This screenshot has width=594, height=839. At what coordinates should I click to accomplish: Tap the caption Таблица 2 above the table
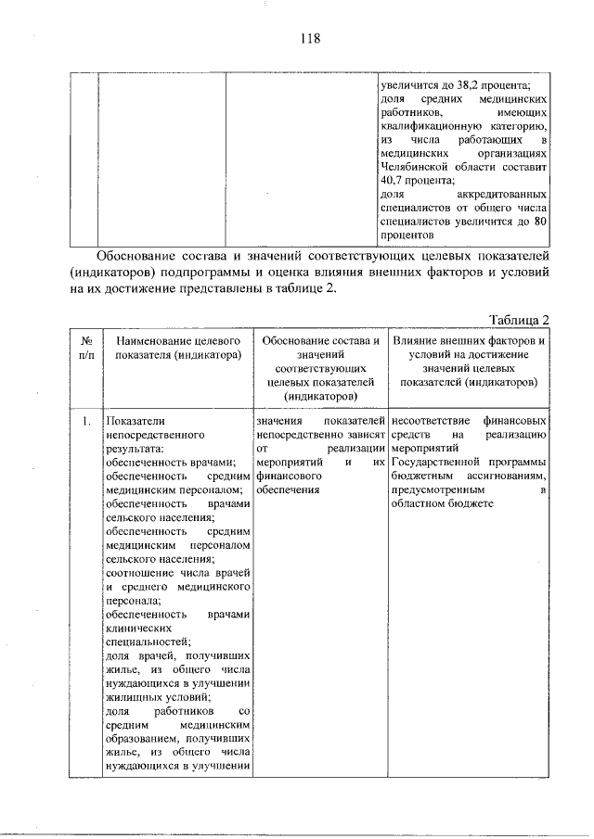click(518, 320)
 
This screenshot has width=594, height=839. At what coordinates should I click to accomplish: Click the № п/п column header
click(85, 348)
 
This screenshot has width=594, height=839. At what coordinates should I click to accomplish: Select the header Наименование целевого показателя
click(173, 348)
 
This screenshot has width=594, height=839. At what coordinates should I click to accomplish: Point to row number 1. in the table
click(85, 421)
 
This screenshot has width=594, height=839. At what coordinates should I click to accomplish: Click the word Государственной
click(436, 462)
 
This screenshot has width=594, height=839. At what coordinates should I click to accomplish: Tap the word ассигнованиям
click(505, 476)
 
